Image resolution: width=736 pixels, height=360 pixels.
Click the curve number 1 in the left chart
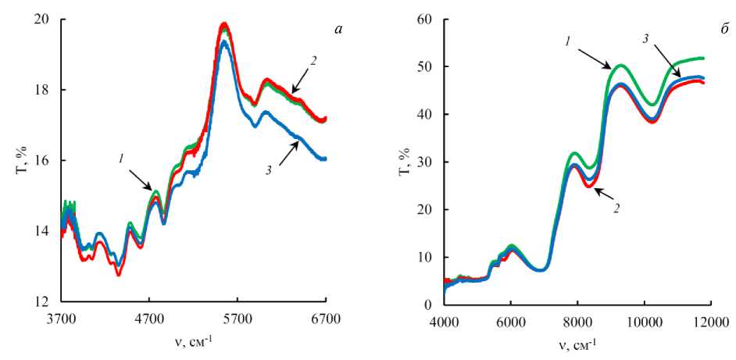121,159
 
